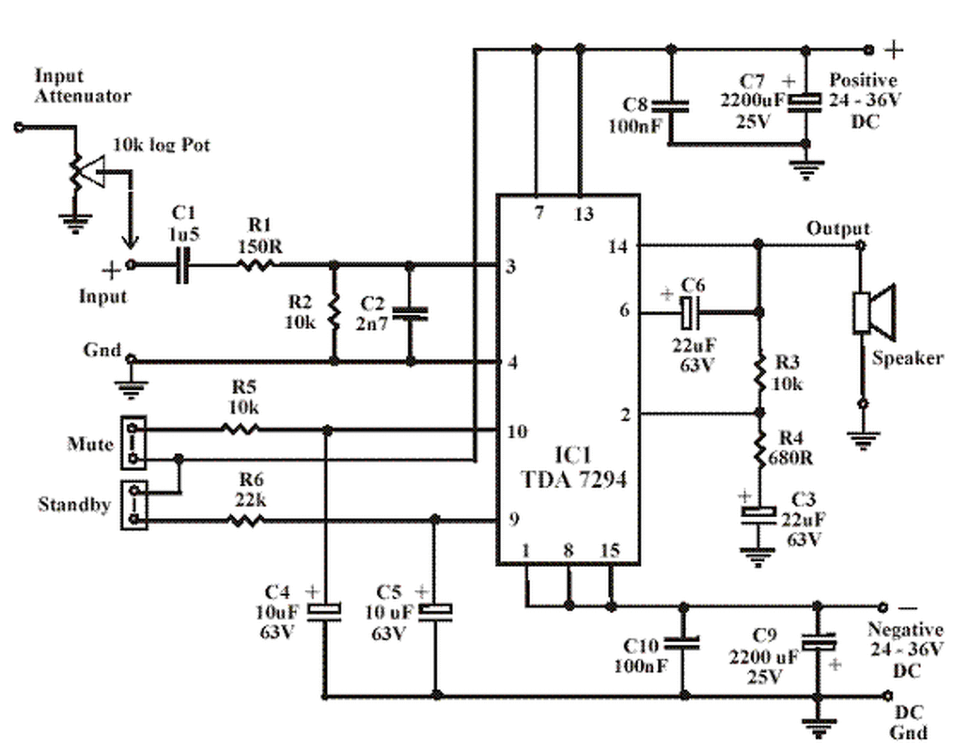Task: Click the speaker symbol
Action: coord(875,312)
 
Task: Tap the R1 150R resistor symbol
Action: coord(256,265)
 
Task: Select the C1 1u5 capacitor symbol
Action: coord(182,265)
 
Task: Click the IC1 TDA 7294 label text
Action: coord(574,467)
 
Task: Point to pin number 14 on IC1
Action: coord(618,246)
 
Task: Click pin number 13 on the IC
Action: coord(584,214)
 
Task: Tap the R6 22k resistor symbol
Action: coord(246,521)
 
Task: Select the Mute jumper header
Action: coord(133,443)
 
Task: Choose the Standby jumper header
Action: coord(134,505)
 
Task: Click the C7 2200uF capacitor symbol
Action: coord(805,103)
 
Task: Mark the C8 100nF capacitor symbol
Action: coord(672,106)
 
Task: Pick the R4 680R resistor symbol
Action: coord(760,450)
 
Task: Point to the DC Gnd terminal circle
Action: coord(887,695)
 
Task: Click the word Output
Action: coord(838,229)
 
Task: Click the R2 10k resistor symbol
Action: coord(334,313)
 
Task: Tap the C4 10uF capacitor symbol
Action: coord(325,612)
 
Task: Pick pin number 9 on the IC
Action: coord(514,519)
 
